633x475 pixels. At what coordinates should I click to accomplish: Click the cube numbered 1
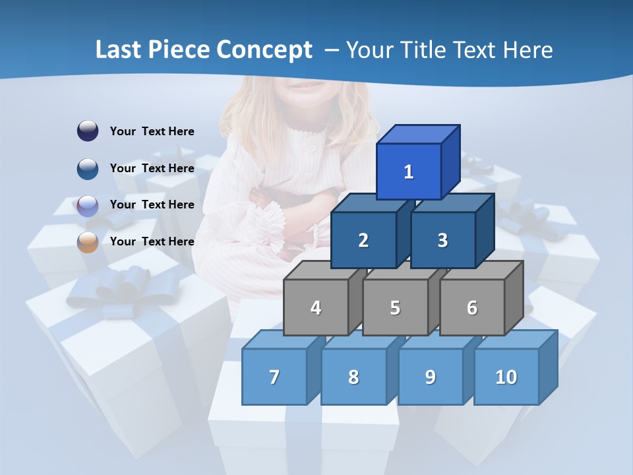click(409, 172)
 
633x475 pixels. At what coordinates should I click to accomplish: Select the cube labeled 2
click(363, 240)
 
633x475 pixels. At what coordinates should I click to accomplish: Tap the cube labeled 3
click(442, 240)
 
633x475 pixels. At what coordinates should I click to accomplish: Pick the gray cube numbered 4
click(316, 307)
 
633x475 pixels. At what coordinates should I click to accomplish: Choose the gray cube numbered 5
click(395, 307)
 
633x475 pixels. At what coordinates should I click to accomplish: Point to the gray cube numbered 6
click(472, 307)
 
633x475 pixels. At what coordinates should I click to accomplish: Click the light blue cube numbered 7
click(274, 377)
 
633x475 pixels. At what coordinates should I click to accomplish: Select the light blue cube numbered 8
click(353, 377)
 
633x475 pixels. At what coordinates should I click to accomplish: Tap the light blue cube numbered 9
click(431, 377)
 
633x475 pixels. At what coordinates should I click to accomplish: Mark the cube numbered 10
click(506, 377)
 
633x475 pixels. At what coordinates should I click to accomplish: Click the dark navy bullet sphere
click(88, 131)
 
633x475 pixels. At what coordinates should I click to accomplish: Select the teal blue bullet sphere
click(88, 168)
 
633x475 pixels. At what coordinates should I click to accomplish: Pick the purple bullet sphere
click(88, 205)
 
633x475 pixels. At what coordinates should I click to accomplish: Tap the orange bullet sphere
click(88, 241)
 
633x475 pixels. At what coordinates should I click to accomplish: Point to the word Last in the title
click(119, 50)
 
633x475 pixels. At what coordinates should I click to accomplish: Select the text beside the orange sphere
click(152, 241)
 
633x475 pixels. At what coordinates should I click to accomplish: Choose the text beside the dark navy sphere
click(152, 131)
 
